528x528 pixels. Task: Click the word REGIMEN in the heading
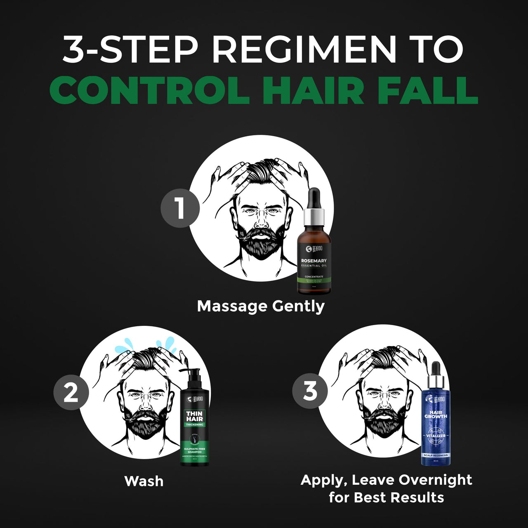click(x=304, y=49)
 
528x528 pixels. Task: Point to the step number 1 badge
click(x=180, y=207)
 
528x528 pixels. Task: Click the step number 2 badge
click(x=71, y=392)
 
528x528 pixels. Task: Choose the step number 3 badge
click(x=310, y=391)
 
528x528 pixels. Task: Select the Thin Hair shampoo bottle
click(x=195, y=425)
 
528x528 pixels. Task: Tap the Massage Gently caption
click(x=261, y=306)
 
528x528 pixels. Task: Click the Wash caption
click(x=144, y=481)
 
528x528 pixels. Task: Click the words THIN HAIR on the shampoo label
click(x=194, y=416)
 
